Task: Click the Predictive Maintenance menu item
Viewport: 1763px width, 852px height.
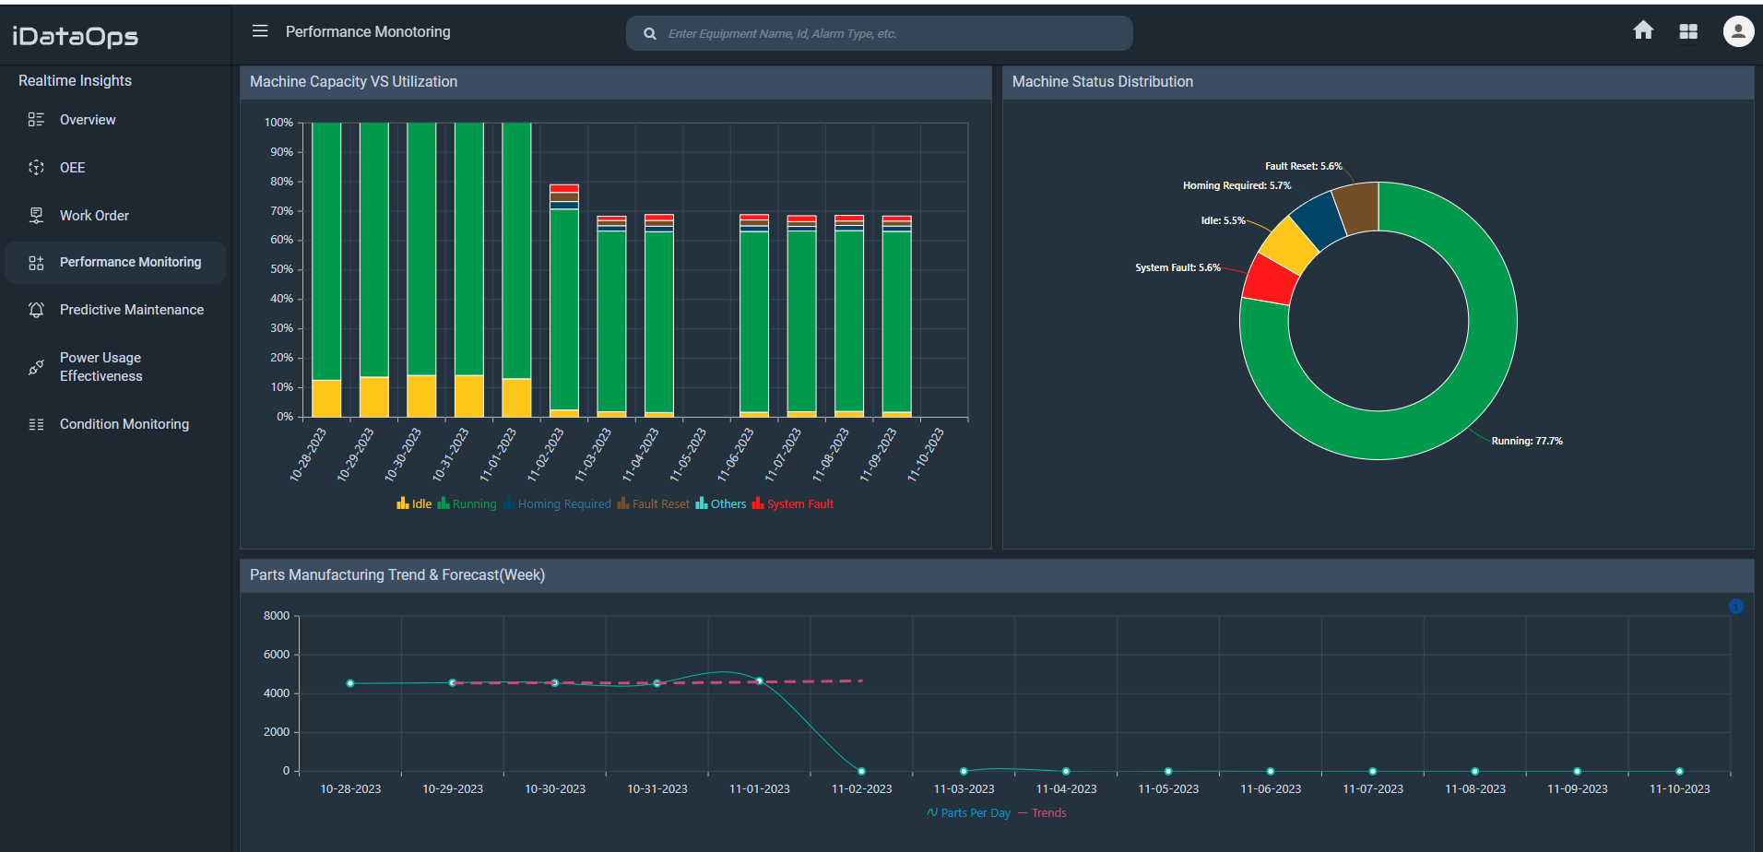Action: point(131,310)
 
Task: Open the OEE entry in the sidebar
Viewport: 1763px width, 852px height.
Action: point(72,168)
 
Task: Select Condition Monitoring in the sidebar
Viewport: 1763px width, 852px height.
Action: point(124,424)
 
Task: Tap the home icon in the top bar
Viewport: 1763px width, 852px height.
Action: point(1642,31)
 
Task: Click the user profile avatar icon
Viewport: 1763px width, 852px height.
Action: point(1738,31)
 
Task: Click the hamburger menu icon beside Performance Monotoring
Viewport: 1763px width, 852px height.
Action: point(260,31)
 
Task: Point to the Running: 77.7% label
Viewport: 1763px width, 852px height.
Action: point(1526,441)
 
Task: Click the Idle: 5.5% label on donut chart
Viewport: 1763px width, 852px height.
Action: point(1222,220)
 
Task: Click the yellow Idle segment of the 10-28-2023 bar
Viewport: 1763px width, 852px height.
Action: point(326,398)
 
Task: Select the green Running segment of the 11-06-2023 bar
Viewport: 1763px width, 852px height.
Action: point(753,323)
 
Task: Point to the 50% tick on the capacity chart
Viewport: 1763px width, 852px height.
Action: point(280,269)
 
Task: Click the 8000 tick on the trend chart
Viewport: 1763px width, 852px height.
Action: point(277,616)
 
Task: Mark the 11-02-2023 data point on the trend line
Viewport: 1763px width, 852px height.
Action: point(861,771)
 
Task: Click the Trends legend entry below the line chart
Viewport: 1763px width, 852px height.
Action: point(1048,813)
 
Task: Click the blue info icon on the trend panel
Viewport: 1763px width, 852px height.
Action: point(1735,606)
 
